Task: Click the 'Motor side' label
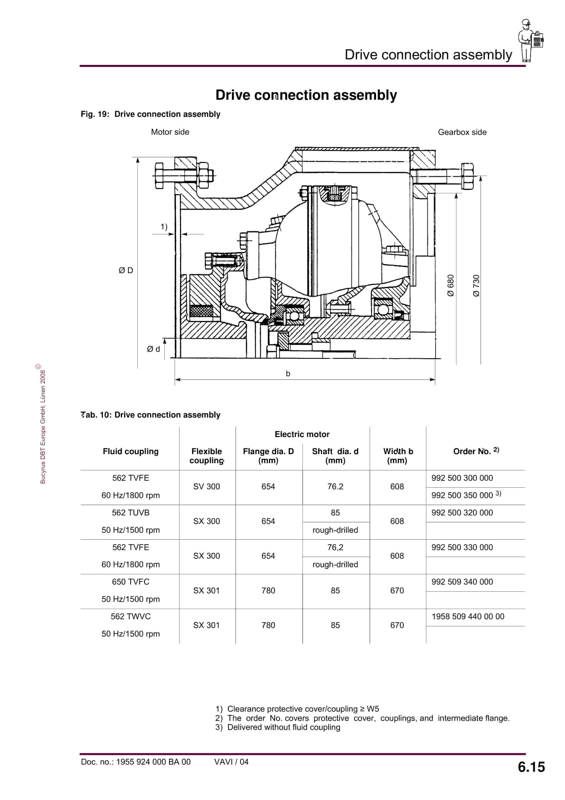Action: point(170,132)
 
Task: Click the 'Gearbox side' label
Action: point(462,132)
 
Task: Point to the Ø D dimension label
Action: point(126,270)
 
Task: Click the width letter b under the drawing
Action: point(288,374)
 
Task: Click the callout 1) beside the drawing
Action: point(164,227)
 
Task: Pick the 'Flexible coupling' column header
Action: point(207,456)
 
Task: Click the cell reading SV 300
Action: point(207,486)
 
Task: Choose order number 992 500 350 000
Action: point(462,495)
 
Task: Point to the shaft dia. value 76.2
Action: point(335,486)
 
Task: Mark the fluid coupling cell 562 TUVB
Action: point(131,513)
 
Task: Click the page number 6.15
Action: point(531,767)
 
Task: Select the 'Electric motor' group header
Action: point(302,434)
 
